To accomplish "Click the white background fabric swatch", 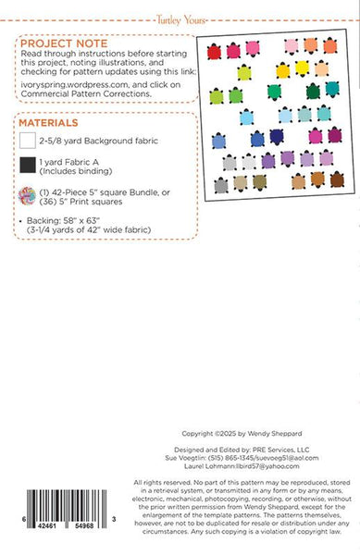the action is pyautogui.click(x=28, y=141).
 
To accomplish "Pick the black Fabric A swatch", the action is pyautogui.click(x=28, y=166).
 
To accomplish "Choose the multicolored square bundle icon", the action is pyautogui.click(x=28, y=196).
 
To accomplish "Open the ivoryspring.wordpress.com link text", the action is pyautogui.click(x=74, y=81).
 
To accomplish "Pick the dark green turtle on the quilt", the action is pyautogui.click(x=313, y=91).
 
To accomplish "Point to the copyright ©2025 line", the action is pyautogui.click(x=237, y=434).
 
